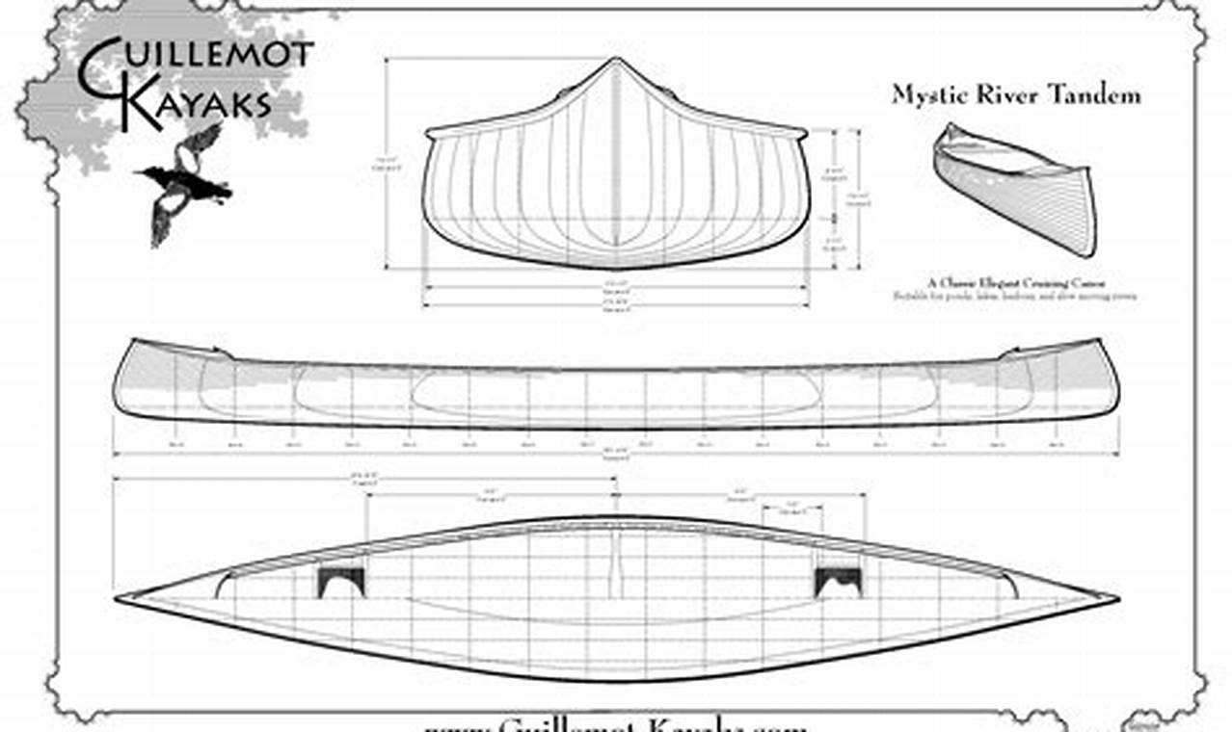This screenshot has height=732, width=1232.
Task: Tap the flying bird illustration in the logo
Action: pos(185,183)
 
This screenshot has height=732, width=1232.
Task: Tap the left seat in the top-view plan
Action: pos(342,581)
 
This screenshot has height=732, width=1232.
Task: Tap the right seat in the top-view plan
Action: pos(838,581)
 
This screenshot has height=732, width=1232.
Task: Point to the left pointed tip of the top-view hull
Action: pos(118,599)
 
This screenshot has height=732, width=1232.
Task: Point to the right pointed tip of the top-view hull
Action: pos(1116,598)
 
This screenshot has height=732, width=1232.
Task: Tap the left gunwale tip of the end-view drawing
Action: pos(429,132)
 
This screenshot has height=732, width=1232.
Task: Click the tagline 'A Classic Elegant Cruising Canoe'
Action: pos(1016,283)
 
